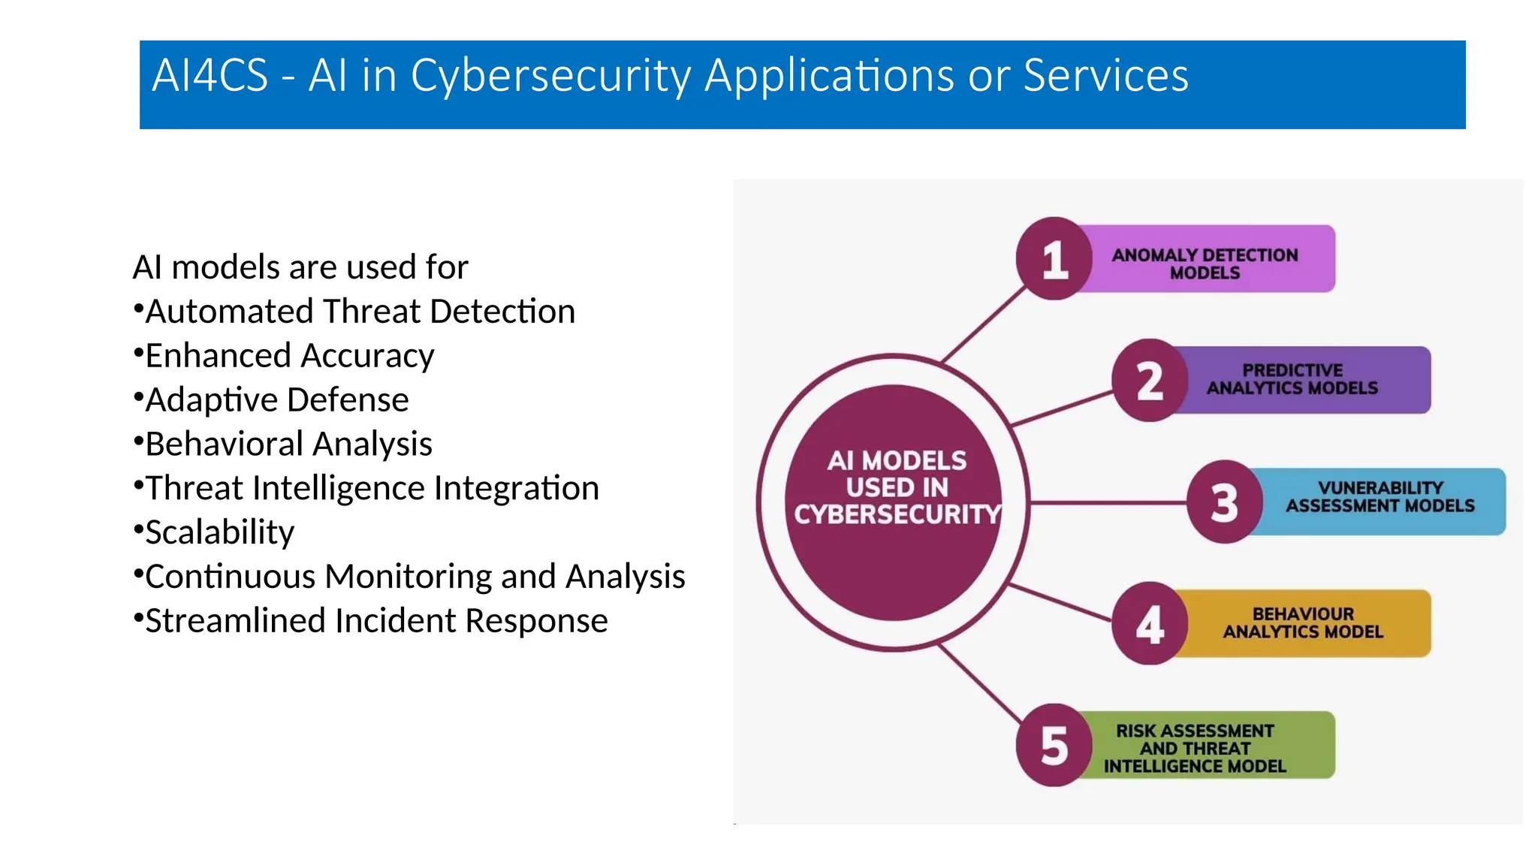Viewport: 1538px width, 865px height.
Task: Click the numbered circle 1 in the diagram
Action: coord(1054,259)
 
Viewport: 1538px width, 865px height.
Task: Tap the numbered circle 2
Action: coord(1149,381)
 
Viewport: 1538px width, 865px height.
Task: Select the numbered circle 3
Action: coord(1224,502)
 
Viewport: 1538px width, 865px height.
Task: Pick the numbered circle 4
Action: coord(1149,624)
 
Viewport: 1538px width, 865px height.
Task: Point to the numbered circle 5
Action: coord(1054,746)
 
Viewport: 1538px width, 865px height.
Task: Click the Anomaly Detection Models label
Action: coord(1205,264)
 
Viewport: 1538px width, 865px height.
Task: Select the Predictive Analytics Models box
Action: coord(1292,379)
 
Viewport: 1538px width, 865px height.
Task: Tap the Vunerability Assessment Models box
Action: coord(1380,497)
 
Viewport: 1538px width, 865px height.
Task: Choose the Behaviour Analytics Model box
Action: coord(1303,623)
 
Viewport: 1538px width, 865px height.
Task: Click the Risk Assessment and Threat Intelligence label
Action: coord(1195,748)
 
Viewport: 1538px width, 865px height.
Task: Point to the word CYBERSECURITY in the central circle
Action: coord(897,514)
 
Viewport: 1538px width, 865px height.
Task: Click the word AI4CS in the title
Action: coord(210,76)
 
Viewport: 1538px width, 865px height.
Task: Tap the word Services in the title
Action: coord(1105,76)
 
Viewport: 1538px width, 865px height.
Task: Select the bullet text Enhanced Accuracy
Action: coord(289,356)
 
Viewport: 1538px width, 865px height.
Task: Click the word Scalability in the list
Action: coord(219,532)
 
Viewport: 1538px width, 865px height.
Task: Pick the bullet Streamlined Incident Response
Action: coord(375,621)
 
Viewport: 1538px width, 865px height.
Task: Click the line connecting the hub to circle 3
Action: coord(1108,502)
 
